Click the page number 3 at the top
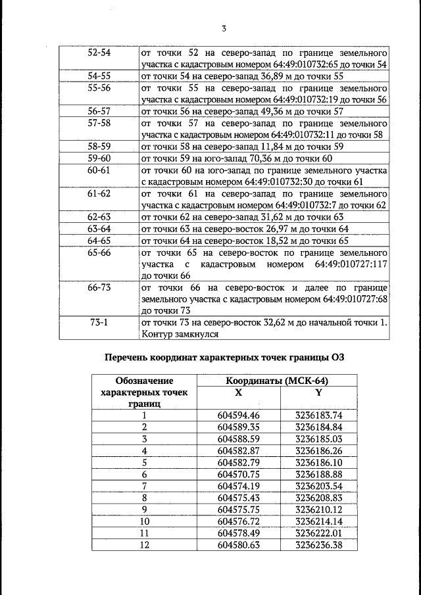coord(224,28)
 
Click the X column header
coord(238,393)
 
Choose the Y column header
coord(318,393)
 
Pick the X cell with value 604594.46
coord(239,416)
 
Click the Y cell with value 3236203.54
coord(319,486)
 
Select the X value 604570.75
coord(239,474)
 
